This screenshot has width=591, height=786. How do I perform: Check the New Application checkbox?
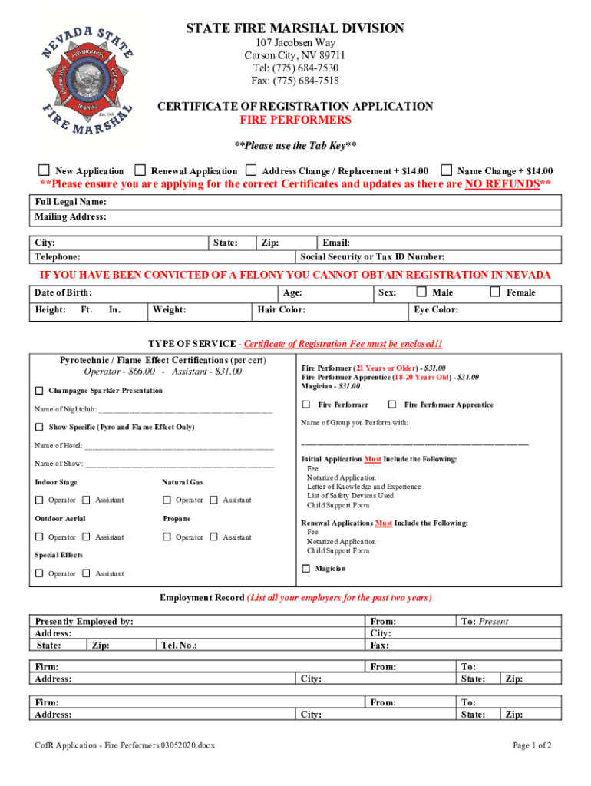point(45,170)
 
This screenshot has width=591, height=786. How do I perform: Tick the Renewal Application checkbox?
point(140,170)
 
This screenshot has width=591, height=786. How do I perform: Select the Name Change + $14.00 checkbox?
point(446,170)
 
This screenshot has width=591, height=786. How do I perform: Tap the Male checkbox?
point(421,292)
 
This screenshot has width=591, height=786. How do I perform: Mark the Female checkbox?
point(495,292)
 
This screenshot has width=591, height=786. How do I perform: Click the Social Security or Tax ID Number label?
point(372,257)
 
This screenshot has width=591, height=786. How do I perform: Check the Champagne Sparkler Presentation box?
point(39,391)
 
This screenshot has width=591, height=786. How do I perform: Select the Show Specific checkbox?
point(39,427)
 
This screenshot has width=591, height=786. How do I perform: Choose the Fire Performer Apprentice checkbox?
point(392,405)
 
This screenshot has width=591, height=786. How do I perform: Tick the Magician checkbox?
point(305,569)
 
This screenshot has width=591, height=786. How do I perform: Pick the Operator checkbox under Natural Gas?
point(167,500)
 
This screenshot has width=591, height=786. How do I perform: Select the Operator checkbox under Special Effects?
point(39,573)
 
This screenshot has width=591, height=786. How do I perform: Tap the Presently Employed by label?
point(84,621)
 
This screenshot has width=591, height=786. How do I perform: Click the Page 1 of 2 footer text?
point(532,745)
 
